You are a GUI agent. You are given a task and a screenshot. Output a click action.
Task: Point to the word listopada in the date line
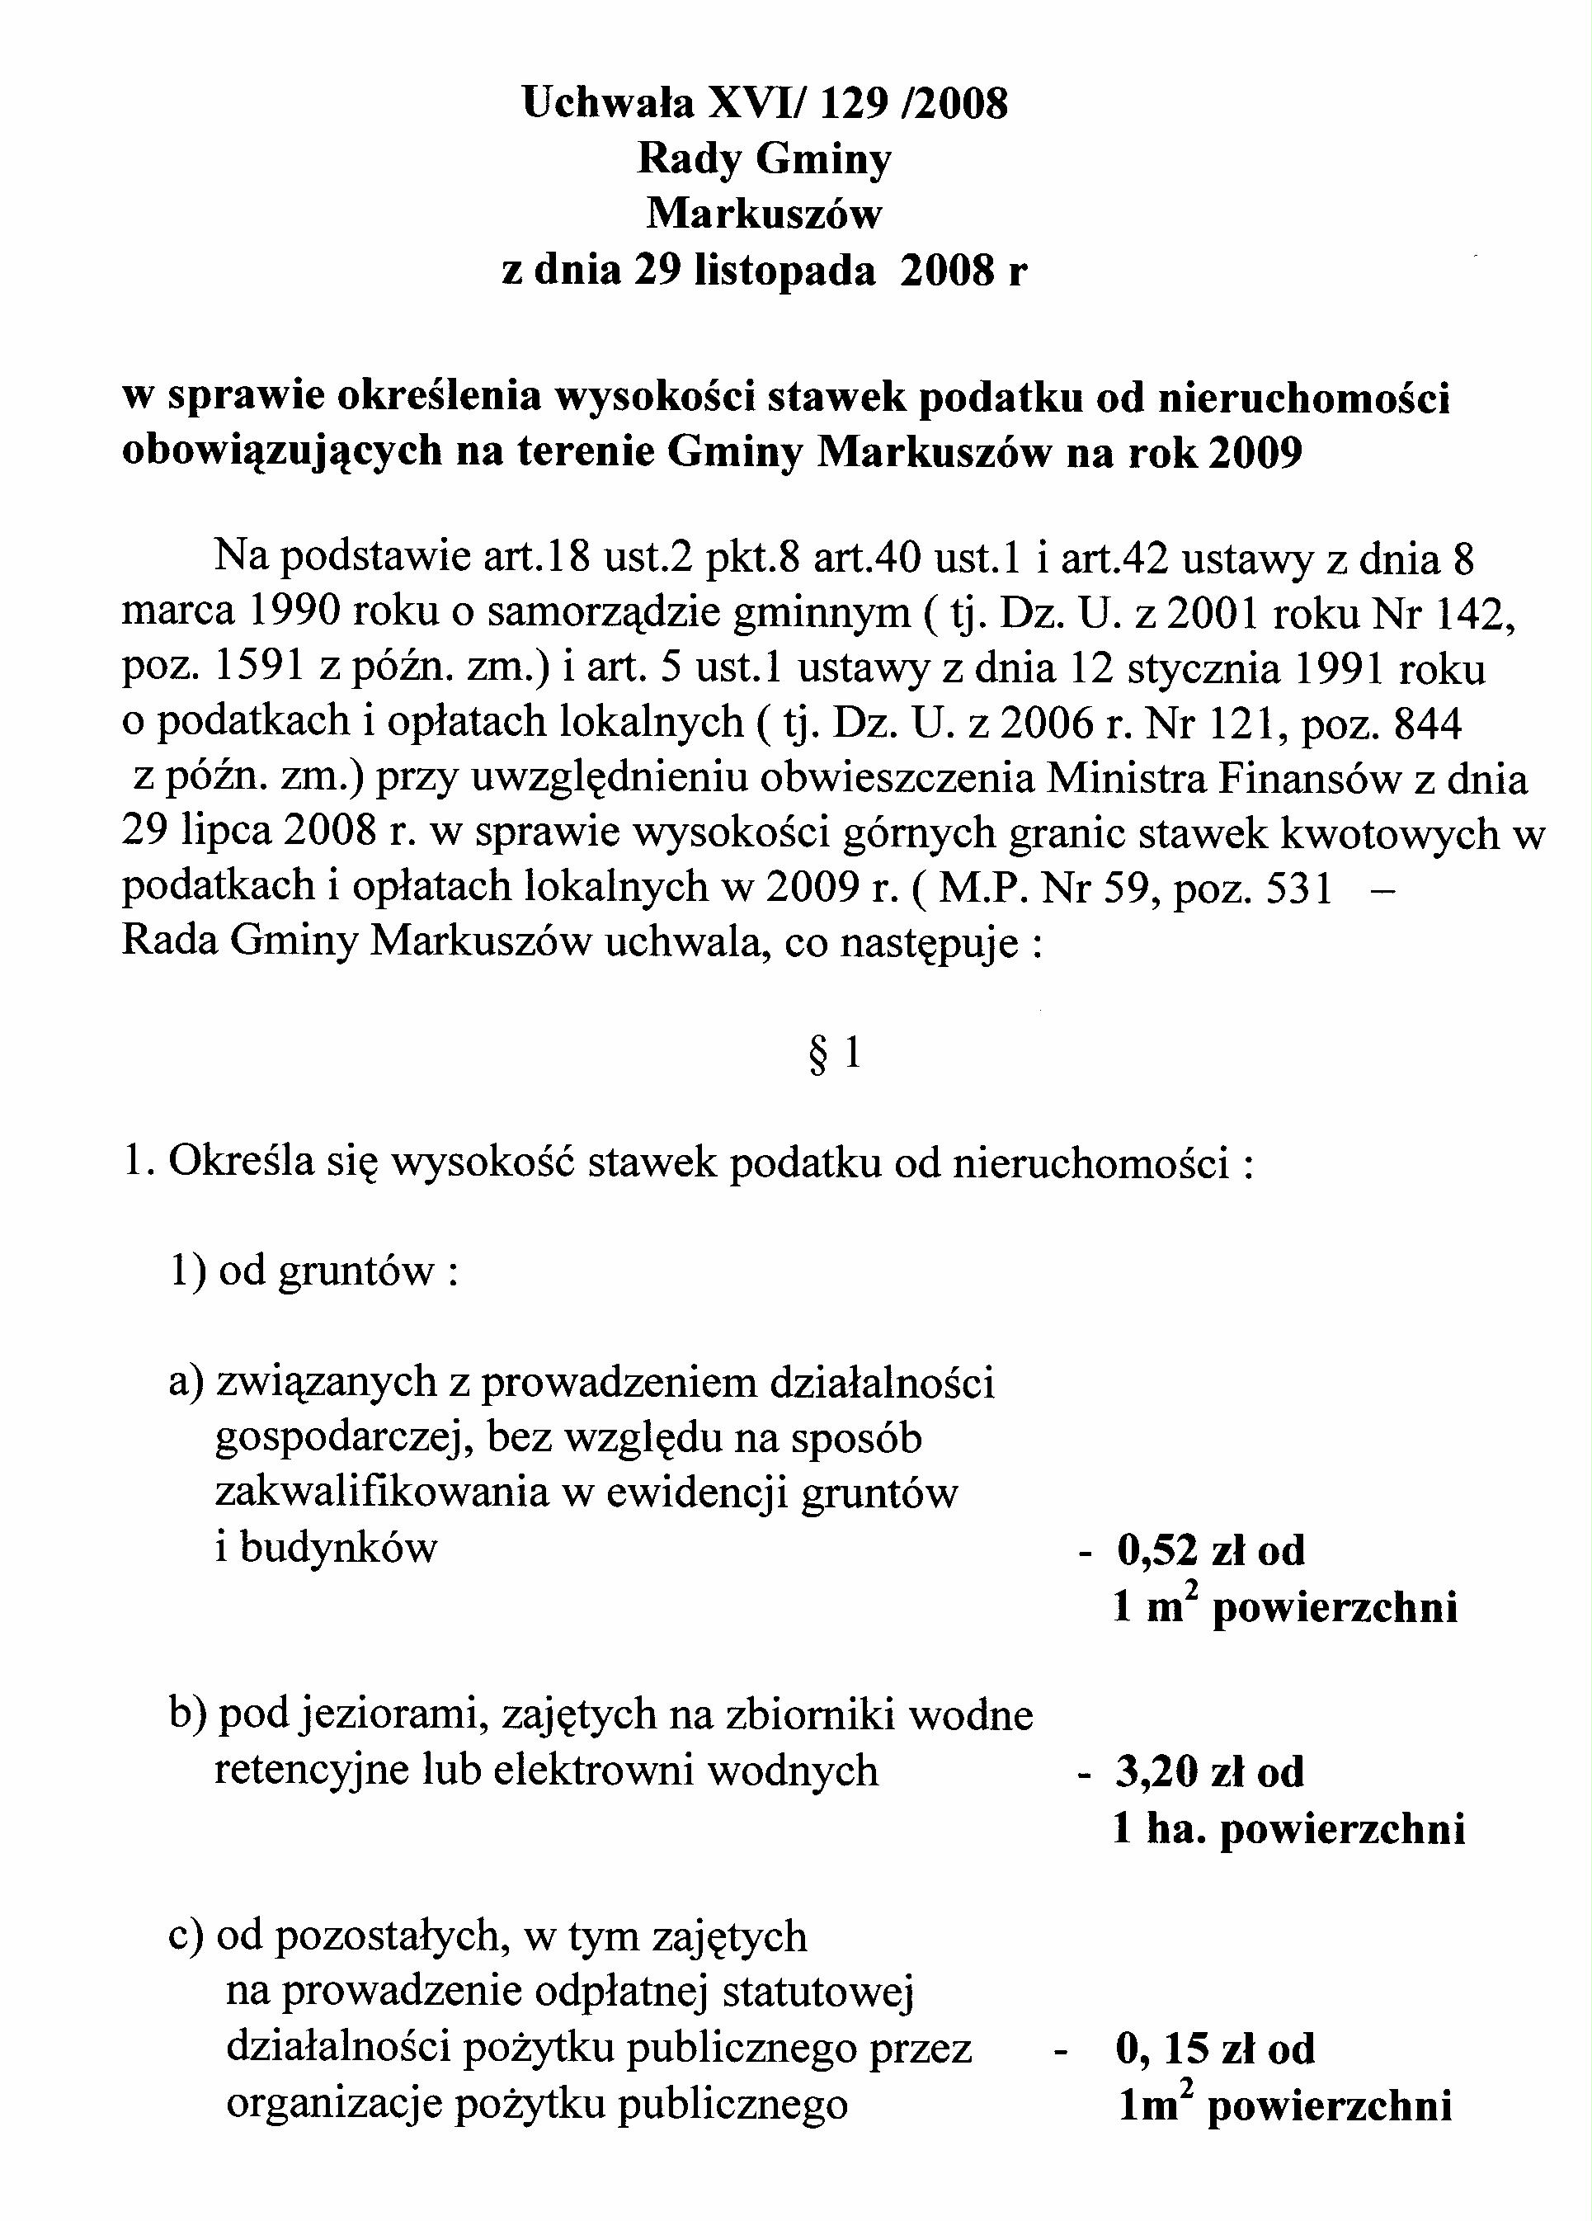point(784,271)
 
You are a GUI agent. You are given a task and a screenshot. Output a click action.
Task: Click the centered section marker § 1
point(834,1054)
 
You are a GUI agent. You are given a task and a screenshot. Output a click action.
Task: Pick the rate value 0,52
point(1156,1551)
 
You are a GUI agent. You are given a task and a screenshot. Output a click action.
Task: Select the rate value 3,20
point(1156,1771)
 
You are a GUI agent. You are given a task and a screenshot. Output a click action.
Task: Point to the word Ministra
point(1115,779)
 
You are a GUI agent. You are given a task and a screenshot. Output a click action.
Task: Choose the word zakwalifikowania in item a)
point(382,1493)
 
